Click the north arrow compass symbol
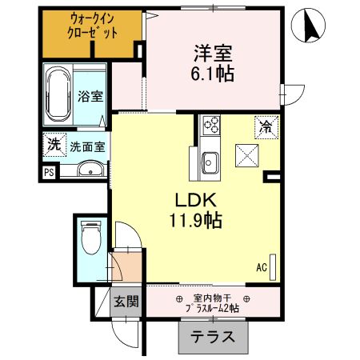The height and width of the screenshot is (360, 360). [310, 30]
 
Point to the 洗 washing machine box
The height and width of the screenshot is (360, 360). [53, 146]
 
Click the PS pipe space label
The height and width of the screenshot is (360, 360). [49, 171]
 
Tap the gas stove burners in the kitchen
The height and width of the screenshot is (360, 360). [212, 125]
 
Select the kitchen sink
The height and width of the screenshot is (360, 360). [211, 160]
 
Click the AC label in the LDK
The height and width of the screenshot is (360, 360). [261, 267]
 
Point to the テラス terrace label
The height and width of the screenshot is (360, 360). [213, 337]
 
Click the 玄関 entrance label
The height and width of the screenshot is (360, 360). [124, 302]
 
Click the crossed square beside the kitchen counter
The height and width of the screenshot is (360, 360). [246, 155]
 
